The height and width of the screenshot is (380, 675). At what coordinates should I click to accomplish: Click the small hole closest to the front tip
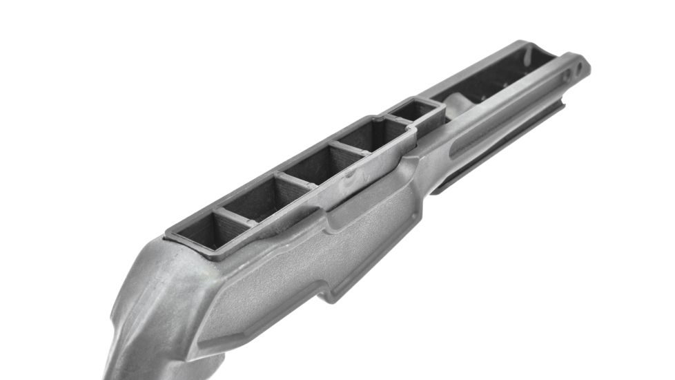click(x=580, y=66)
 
